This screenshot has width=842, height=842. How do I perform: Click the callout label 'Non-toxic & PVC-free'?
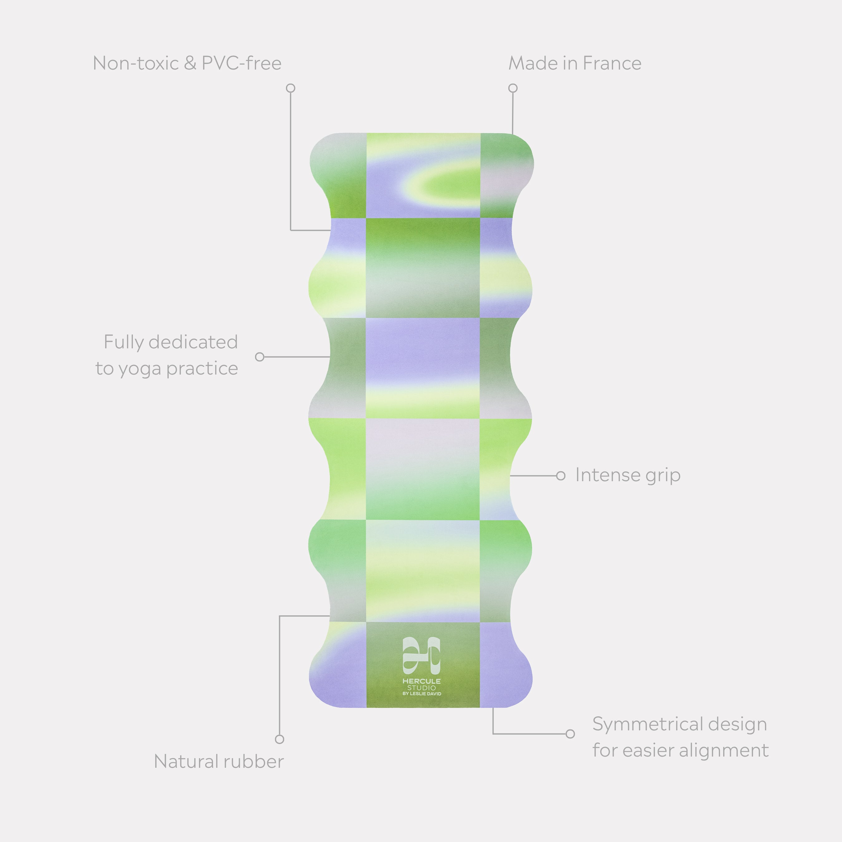click(x=187, y=63)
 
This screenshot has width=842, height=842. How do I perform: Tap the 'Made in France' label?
click(x=575, y=63)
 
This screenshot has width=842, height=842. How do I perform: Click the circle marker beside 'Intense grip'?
click(x=561, y=476)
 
